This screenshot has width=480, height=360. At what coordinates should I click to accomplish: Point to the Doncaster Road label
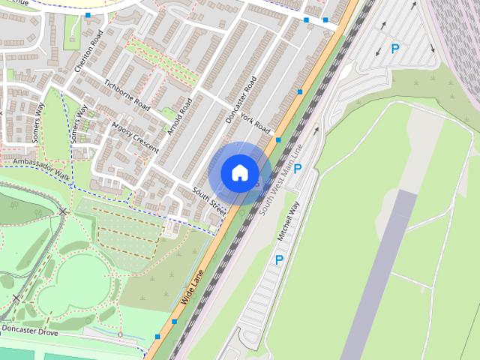(241, 99)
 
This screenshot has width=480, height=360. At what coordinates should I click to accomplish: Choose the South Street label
(208, 198)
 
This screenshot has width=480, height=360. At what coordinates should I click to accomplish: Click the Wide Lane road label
(192, 286)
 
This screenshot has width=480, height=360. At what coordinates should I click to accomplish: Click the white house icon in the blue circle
(239, 172)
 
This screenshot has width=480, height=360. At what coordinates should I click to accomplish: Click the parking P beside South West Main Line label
(298, 169)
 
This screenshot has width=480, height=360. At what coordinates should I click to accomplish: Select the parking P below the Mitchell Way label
(279, 260)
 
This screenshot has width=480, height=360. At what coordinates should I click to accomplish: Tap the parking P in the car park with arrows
(395, 49)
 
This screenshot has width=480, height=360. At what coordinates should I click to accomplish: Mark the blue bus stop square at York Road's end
(278, 139)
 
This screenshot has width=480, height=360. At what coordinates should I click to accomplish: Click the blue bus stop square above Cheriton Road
(88, 15)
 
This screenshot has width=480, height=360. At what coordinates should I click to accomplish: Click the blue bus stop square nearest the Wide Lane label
(174, 321)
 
